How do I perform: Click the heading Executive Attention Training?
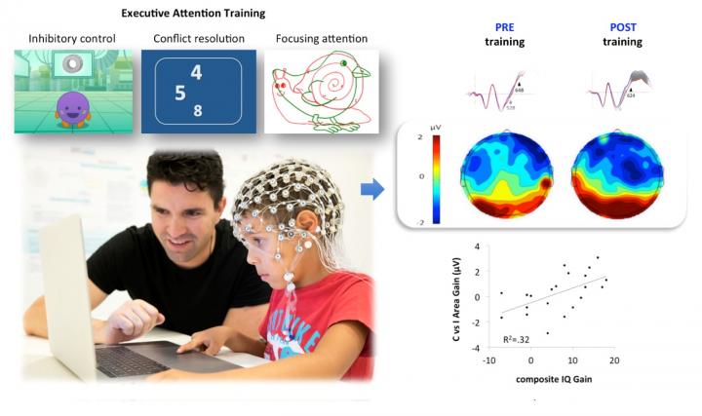click(x=192, y=14)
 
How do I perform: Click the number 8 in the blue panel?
click(x=198, y=111)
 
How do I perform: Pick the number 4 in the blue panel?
click(x=197, y=73)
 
